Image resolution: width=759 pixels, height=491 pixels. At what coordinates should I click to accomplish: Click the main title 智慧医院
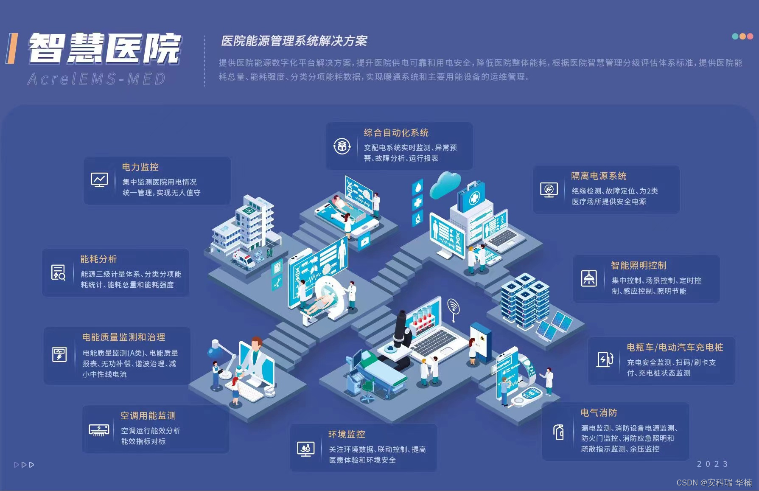[104, 48]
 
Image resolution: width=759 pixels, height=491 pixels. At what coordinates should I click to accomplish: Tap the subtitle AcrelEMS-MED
[96, 79]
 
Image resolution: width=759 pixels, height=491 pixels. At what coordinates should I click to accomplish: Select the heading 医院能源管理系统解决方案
[294, 41]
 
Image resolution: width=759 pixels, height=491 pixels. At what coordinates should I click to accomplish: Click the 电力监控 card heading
[140, 167]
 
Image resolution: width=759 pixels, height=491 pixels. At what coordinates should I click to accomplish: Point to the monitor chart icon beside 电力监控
[99, 180]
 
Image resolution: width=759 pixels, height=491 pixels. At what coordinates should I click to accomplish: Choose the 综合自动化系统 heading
[396, 132]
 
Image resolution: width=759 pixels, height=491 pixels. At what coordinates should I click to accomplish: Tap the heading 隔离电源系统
[599, 176]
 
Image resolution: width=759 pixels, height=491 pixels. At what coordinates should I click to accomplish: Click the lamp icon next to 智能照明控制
[588, 278]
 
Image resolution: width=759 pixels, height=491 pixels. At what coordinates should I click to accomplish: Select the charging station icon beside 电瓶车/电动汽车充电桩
[605, 359]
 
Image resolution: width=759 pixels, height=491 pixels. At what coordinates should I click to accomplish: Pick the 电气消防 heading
[599, 412]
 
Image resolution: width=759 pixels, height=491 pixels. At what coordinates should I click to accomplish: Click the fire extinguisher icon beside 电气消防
[559, 432]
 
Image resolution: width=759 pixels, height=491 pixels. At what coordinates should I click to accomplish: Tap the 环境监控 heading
[347, 434]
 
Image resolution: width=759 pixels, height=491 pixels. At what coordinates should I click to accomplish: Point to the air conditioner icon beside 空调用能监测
[99, 429]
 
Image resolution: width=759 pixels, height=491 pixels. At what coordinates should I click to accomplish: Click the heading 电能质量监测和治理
[123, 337]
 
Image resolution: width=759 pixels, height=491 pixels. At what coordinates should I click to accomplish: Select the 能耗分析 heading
[98, 259]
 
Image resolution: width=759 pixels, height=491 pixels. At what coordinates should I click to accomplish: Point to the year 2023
[712, 464]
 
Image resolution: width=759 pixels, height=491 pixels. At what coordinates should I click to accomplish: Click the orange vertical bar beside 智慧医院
[12, 49]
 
